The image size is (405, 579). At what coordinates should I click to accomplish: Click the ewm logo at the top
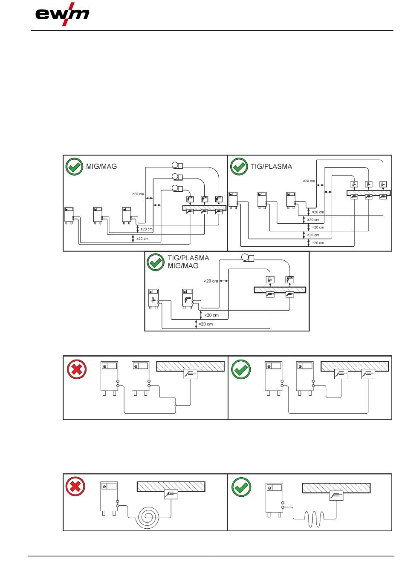62,14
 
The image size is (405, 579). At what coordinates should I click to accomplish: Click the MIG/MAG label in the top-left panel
101,166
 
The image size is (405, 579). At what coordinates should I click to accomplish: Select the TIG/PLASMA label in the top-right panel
271,167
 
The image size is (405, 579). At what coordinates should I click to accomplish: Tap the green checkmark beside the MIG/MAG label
74,167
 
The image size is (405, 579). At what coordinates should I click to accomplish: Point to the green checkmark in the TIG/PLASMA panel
239,167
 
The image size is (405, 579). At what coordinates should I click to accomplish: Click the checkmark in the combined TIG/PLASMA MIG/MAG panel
156,262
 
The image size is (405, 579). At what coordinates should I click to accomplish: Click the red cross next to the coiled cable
75,487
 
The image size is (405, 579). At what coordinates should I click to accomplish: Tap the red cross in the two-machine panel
77,369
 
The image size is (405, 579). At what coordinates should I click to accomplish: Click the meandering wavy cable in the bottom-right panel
314,519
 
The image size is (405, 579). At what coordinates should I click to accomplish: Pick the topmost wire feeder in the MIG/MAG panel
177,165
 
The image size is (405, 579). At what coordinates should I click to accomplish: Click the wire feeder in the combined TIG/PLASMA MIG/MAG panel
248,258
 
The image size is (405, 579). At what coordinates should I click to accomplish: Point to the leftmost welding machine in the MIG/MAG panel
69,215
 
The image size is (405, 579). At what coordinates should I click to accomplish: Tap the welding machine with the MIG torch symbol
188,299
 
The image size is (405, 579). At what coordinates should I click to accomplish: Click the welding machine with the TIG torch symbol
153,299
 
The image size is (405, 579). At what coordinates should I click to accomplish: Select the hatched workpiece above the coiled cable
171,487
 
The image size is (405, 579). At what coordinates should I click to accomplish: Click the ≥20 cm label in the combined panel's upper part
211,281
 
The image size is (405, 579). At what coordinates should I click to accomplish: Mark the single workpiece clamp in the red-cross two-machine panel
190,374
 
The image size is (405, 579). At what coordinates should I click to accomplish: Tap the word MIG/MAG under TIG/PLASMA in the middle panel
183,266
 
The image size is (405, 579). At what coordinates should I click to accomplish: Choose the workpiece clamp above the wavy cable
336,496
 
